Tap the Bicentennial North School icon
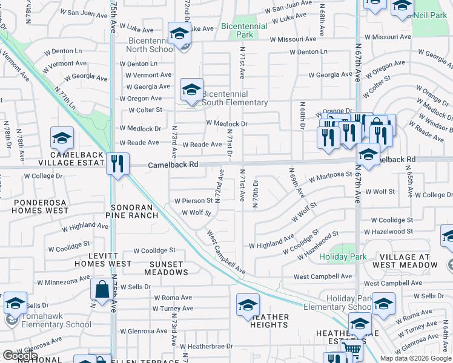point(179,34)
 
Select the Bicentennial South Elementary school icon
point(191,91)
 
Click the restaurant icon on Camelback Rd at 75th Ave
point(117,163)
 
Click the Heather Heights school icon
point(248,306)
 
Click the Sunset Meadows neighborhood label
point(167,268)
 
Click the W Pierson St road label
point(193,201)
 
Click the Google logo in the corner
point(21,356)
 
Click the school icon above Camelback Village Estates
point(62,139)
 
